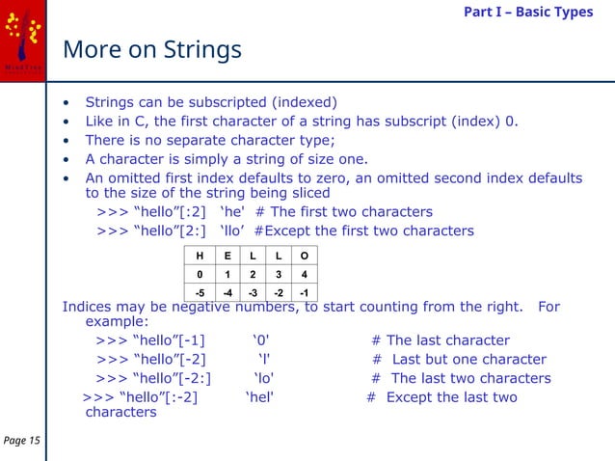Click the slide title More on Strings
(151, 49)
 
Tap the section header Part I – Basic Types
(528, 12)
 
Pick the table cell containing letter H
(200, 257)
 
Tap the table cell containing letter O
(305, 257)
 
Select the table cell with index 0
(200, 274)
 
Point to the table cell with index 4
(305, 274)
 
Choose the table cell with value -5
(200, 292)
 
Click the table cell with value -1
(305, 292)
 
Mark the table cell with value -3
(253, 292)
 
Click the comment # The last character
(441, 340)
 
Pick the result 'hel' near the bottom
(259, 396)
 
